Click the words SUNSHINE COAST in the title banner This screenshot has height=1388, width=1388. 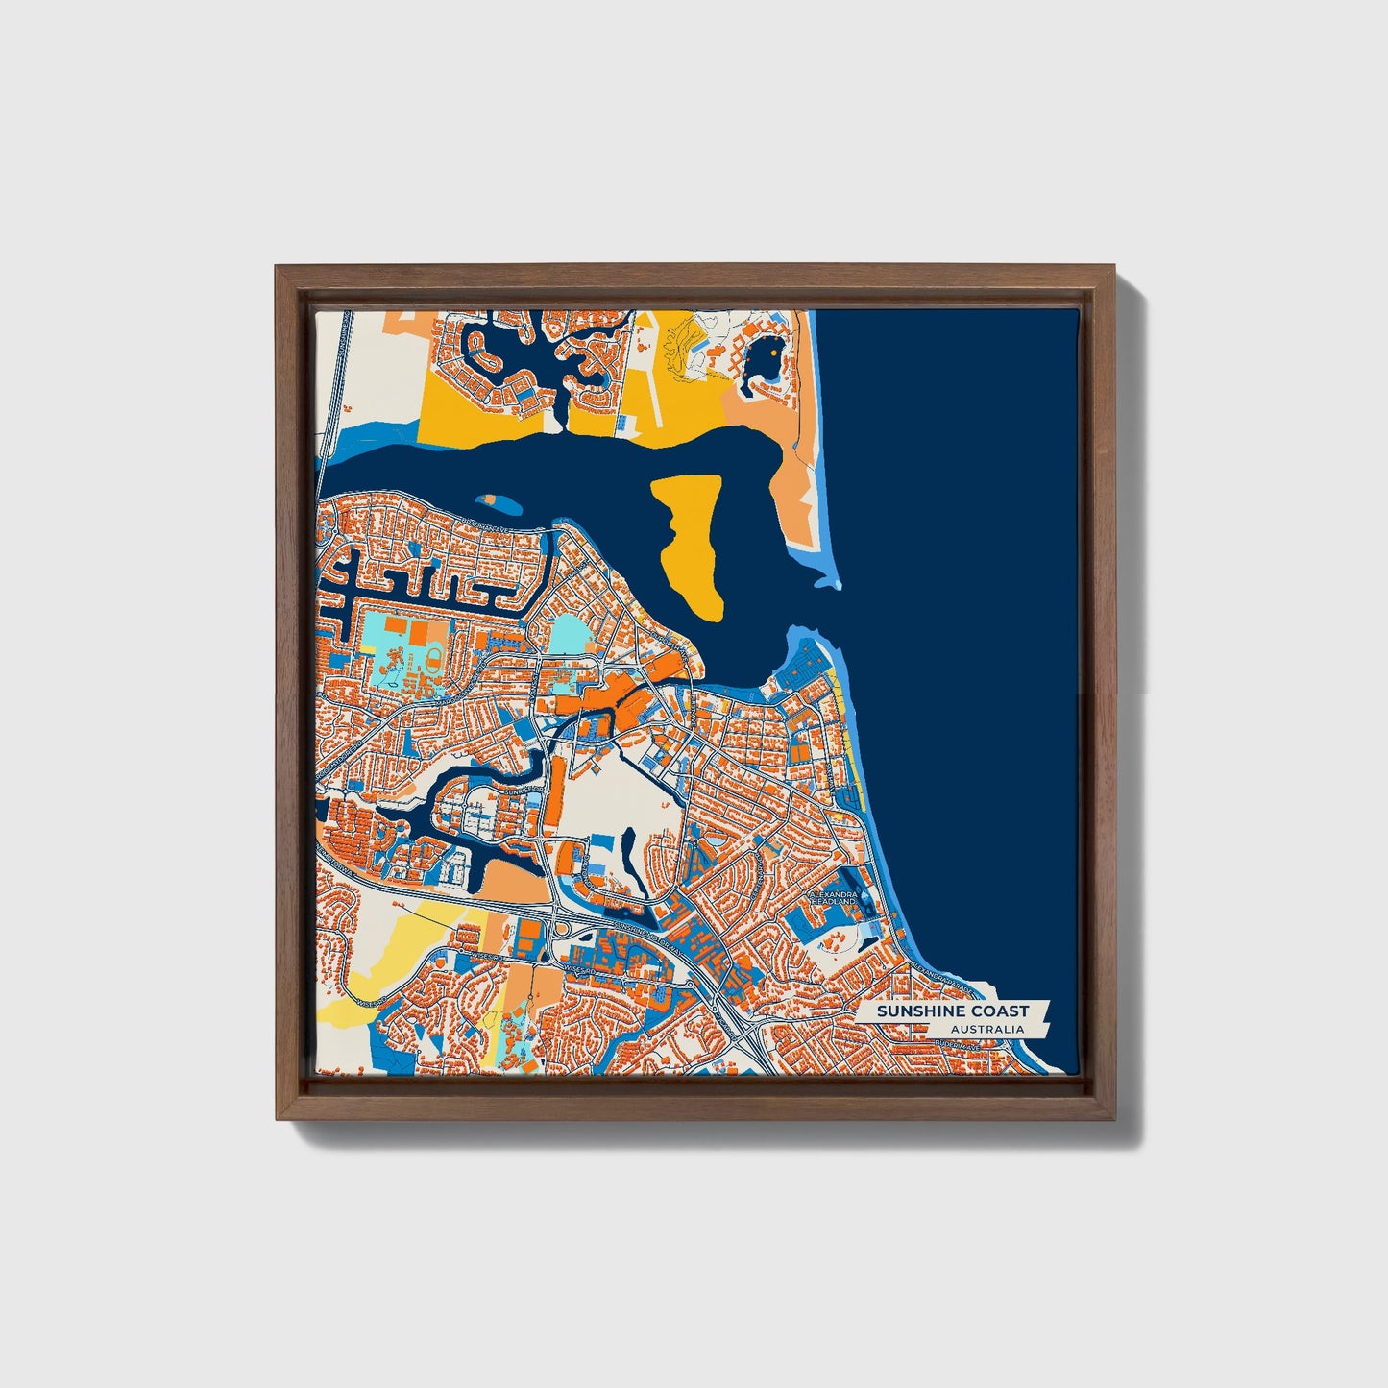pyautogui.click(x=952, y=1011)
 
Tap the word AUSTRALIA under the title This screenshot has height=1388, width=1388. pyautogui.click(x=986, y=1030)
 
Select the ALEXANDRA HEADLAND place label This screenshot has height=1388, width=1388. pyautogui.click(x=833, y=897)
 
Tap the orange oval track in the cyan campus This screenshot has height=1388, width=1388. pyautogui.click(x=432, y=659)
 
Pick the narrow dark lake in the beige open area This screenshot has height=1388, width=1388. pyautogui.click(x=628, y=849)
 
